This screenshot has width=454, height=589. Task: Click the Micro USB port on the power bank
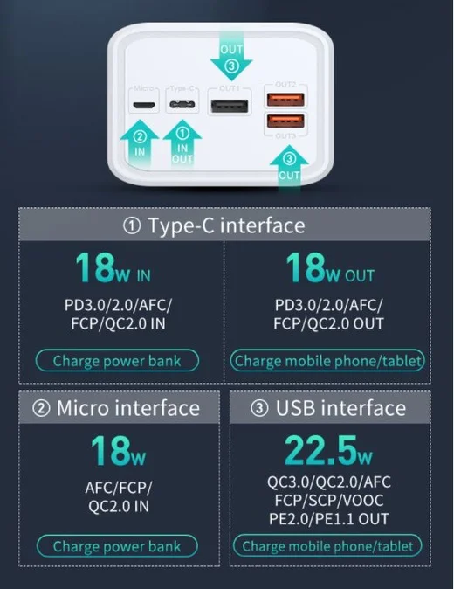click(144, 104)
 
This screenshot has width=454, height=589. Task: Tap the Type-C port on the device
click(182, 104)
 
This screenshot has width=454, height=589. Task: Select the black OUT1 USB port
click(230, 107)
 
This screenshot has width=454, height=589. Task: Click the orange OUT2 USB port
click(285, 100)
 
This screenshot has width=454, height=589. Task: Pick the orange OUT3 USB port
click(285, 121)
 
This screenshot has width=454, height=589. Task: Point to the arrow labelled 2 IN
click(139, 144)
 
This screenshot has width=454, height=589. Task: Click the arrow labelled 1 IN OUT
click(182, 144)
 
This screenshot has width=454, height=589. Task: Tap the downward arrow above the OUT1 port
click(231, 56)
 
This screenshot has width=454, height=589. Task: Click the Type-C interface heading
click(214, 225)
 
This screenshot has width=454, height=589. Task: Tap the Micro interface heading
click(116, 408)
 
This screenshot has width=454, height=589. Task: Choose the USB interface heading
click(328, 408)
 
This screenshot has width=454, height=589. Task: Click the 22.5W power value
click(328, 450)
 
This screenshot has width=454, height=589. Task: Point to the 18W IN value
click(113, 267)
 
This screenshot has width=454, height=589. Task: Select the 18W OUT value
click(330, 267)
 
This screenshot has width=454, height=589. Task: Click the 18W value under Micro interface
click(118, 450)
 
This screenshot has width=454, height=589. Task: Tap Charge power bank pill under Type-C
click(117, 361)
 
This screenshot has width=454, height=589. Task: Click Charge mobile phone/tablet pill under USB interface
click(327, 546)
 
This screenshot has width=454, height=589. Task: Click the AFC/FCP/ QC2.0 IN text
click(119, 497)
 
